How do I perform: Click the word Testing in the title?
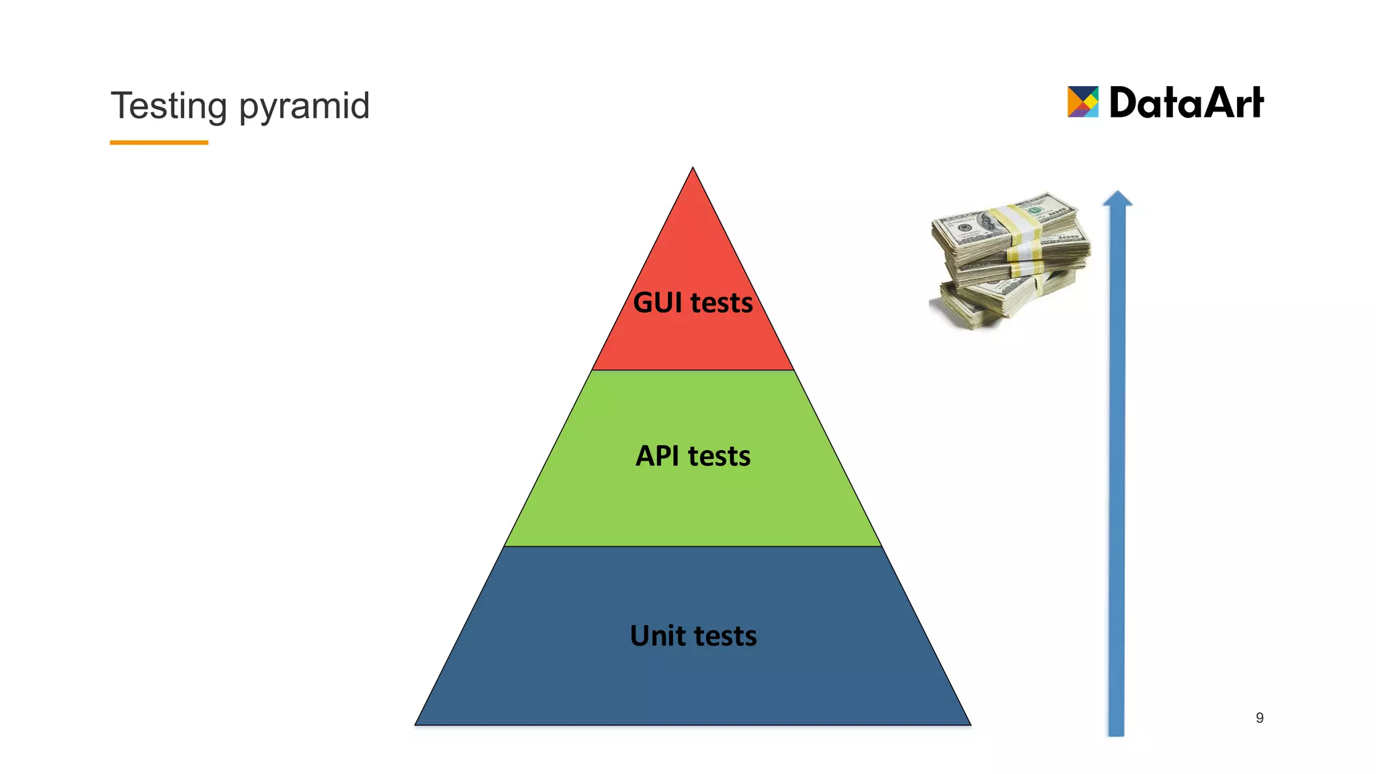(x=169, y=106)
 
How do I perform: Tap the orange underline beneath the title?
(x=159, y=142)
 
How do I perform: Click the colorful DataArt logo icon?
(x=1082, y=102)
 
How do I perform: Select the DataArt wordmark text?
(x=1186, y=103)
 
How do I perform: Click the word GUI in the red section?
(x=657, y=303)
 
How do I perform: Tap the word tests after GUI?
(x=722, y=303)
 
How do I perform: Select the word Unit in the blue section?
(x=658, y=636)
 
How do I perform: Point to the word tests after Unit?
(x=726, y=636)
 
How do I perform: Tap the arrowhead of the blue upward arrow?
(x=1117, y=200)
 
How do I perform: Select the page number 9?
(x=1259, y=718)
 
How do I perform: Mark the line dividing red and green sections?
(x=693, y=370)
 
